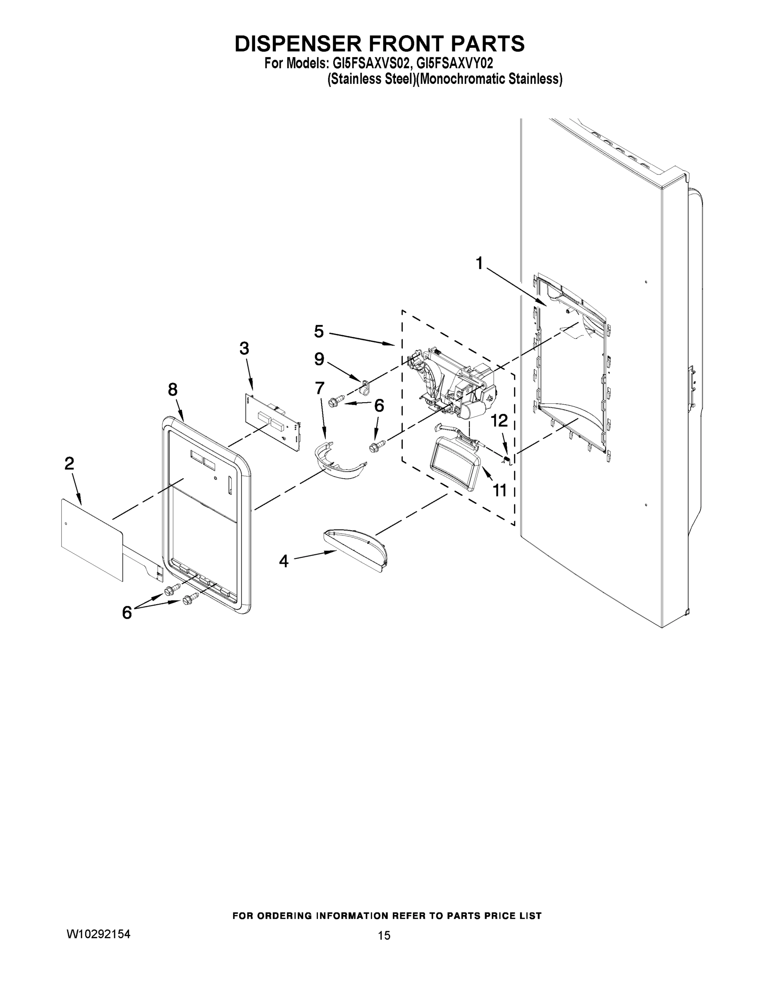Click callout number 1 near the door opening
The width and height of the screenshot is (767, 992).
tap(479, 263)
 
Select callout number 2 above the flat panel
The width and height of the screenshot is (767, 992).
tap(69, 463)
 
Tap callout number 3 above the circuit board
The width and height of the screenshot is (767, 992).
tap(244, 348)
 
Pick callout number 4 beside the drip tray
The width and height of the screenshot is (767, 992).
tap(284, 561)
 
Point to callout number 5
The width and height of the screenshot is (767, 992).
tap(319, 331)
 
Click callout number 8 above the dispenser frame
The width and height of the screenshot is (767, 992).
tap(173, 389)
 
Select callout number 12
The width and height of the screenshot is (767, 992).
tap(499, 421)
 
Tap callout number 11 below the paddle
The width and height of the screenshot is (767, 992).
tap(500, 490)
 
